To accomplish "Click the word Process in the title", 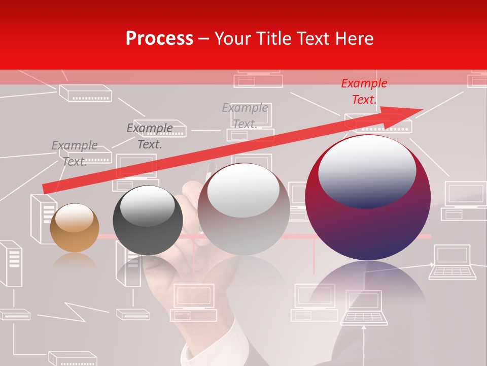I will tap(159, 39).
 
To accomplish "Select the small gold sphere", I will tap(75, 228).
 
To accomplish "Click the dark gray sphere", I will tap(148, 221).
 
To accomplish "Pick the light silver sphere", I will tap(243, 209).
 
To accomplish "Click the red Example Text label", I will tap(364, 91).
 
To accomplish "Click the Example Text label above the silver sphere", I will tap(245, 116).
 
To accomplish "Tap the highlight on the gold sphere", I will tap(75, 218).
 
